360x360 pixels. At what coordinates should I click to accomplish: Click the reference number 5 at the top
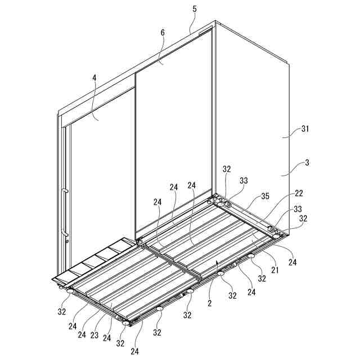click(195, 9)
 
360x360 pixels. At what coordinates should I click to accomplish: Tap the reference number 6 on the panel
click(163, 33)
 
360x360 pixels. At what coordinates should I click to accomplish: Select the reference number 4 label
click(94, 78)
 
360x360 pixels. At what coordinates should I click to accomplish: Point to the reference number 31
click(305, 129)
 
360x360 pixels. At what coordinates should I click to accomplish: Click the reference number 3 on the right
click(307, 163)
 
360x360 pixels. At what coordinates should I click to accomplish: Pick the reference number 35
click(265, 196)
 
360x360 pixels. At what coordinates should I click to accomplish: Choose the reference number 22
click(299, 193)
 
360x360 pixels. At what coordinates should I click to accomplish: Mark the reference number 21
click(275, 270)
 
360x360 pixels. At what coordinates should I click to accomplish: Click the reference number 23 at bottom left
click(94, 335)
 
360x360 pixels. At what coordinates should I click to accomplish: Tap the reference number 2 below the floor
click(209, 303)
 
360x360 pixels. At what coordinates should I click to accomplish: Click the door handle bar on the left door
click(65, 213)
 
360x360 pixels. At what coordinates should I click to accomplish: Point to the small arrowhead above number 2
click(217, 262)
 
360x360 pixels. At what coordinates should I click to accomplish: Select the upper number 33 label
click(244, 181)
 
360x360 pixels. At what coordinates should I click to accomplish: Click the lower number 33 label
click(298, 209)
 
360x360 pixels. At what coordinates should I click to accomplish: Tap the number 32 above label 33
click(227, 169)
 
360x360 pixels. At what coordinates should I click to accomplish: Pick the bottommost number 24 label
click(135, 351)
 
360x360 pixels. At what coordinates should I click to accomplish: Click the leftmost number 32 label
click(61, 312)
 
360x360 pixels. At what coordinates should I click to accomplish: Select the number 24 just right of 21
click(292, 262)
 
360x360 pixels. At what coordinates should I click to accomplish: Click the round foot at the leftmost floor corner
click(70, 291)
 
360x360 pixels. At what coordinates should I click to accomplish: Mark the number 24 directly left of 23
click(82, 335)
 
